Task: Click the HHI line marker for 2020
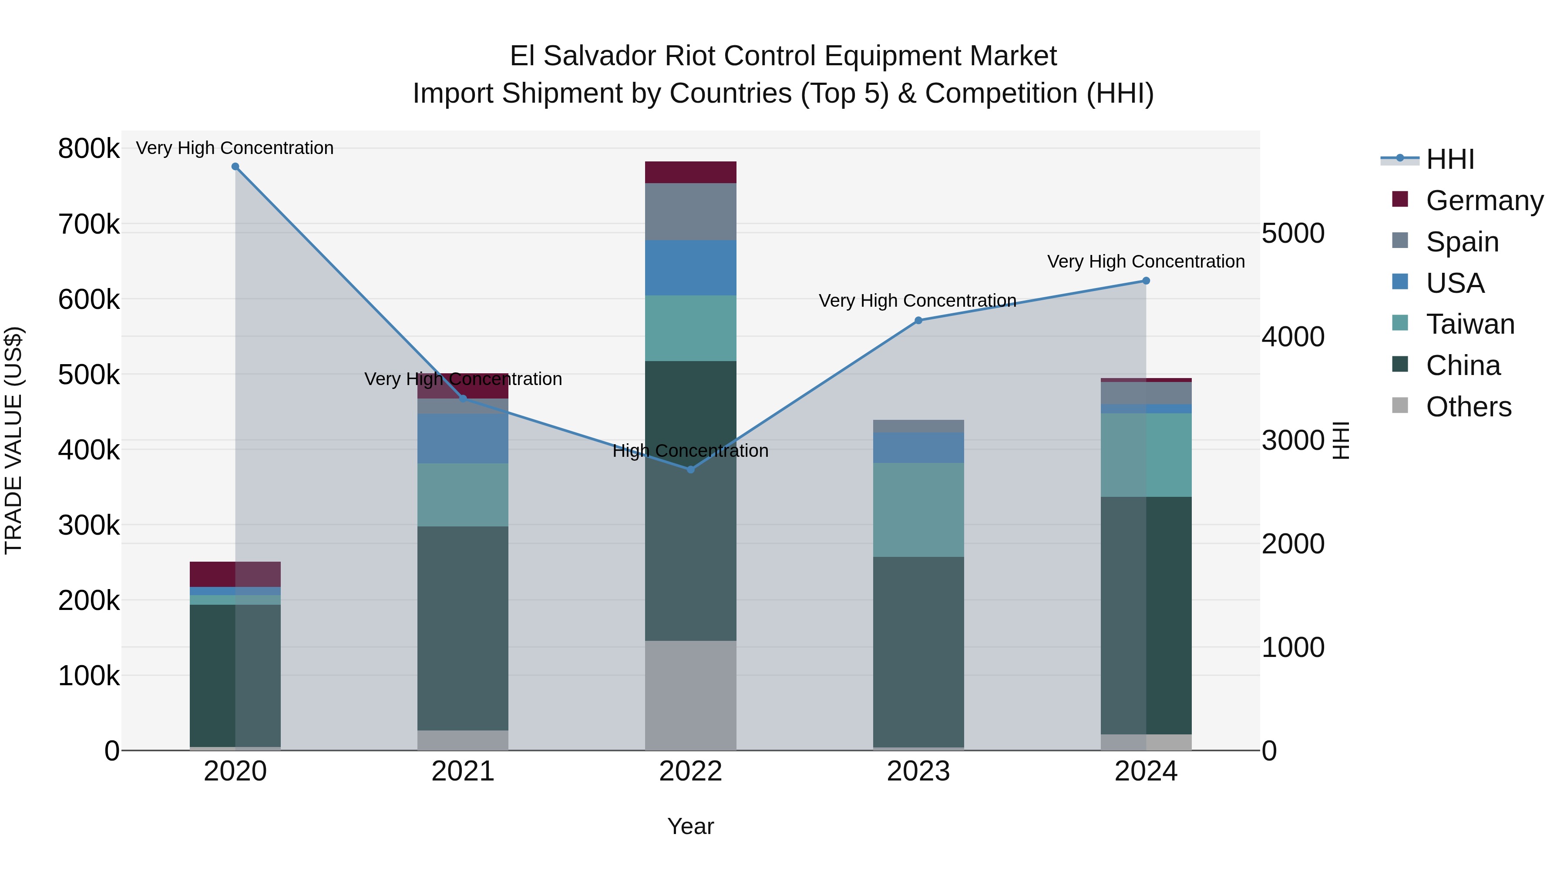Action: [235, 167]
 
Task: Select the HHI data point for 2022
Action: [690, 469]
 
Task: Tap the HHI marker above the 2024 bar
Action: [1146, 281]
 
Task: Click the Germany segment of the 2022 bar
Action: [690, 172]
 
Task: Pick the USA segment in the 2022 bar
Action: [690, 268]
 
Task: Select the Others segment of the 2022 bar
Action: [690, 695]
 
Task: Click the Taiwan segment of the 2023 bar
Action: [918, 509]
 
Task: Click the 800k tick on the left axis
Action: [89, 148]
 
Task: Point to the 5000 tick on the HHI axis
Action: [1293, 234]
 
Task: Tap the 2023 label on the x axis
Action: [918, 771]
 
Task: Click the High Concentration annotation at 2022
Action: [690, 451]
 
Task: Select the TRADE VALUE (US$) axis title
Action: [13, 440]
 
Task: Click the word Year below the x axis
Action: [690, 826]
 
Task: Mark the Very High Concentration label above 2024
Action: [1146, 261]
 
